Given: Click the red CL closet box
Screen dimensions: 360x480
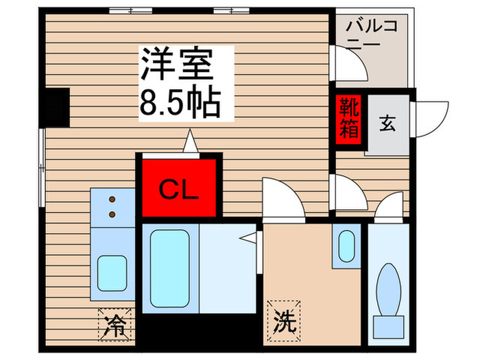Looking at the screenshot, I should point(179,189).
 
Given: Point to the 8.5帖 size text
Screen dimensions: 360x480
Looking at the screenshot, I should point(180,104).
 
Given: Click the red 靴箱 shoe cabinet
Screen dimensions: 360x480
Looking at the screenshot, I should point(348,119).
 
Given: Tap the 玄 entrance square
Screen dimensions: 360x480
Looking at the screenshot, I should point(387,124).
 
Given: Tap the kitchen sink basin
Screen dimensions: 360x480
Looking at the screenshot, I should point(111,273).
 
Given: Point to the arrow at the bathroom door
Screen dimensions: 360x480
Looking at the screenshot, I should point(252,237).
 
